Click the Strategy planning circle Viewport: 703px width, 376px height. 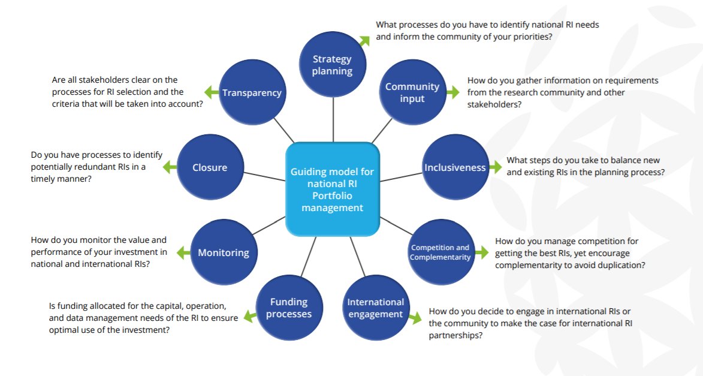[333, 65]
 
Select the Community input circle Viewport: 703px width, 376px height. [412, 92]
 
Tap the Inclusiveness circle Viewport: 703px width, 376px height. [455, 167]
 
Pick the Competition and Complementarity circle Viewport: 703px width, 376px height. [440, 252]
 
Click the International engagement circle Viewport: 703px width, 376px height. [376, 308]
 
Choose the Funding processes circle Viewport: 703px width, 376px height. [289, 308]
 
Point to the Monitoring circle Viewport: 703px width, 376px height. [224, 252]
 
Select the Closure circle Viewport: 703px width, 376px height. [210, 167]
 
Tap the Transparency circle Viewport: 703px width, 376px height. [252, 92]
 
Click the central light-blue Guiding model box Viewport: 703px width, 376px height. [333, 189]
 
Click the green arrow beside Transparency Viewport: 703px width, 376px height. [211, 92]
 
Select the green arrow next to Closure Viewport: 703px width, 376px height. [170, 167]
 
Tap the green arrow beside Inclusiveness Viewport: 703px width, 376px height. [495, 167]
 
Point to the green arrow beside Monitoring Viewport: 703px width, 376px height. [183, 252]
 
